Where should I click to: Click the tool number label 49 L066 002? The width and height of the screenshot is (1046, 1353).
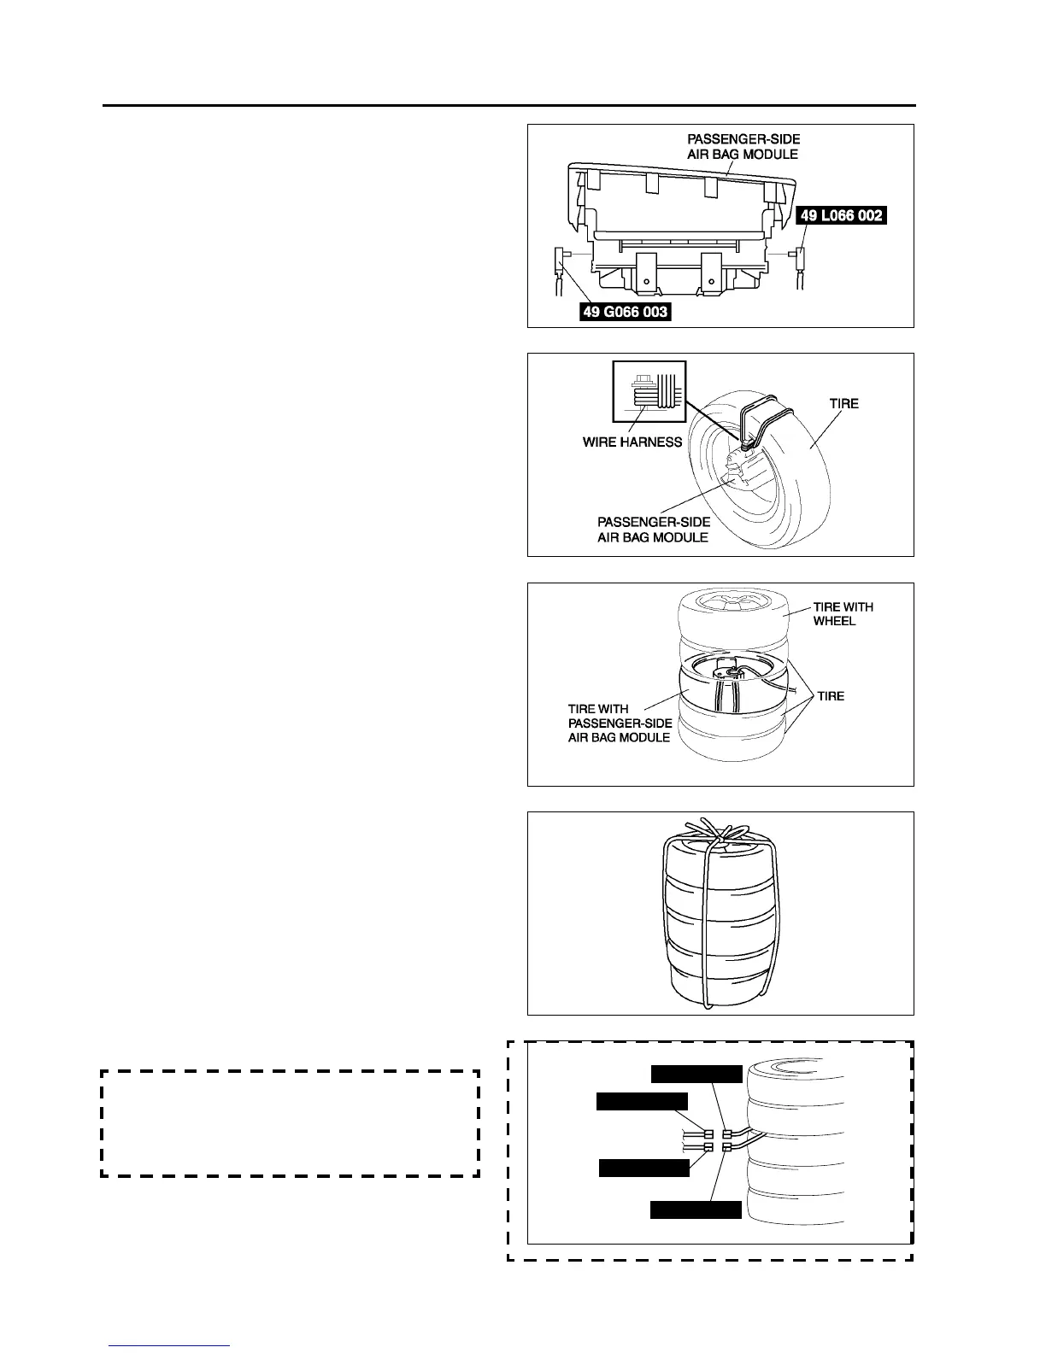[x=842, y=216]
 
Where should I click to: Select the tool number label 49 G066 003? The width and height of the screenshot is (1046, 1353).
[x=625, y=312]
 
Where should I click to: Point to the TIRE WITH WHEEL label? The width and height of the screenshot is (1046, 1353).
[x=843, y=614]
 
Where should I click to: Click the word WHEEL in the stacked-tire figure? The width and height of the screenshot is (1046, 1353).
[x=834, y=621]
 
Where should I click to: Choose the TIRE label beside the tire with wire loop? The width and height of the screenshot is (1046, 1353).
[x=843, y=404]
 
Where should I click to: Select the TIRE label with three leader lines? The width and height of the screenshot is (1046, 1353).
[x=830, y=696]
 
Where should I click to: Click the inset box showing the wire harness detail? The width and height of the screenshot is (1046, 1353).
[x=649, y=391]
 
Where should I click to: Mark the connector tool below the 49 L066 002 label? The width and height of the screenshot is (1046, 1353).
[x=802, y=256]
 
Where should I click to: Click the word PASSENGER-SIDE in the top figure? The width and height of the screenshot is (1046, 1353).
[x=743, y=139]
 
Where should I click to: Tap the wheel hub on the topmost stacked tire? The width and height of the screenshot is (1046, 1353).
[x=730, y=603]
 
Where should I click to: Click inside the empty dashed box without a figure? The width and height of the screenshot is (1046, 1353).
[x=290, y=1122]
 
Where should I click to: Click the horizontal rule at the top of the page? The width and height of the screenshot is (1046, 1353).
[x=509, y=106]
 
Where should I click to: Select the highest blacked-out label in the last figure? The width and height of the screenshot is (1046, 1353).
[x=696, y=1074]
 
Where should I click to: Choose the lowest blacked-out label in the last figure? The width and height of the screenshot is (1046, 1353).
[x=696, y=1209]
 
